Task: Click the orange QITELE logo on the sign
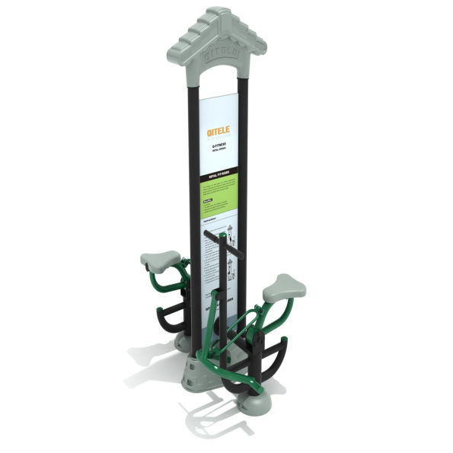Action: [218, 131]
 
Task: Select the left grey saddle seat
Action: [160, 260]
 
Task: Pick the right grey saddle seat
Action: [284, 288]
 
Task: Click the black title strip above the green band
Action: [218, 176]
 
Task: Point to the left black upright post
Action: [193, 190]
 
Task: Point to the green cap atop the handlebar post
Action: [223, 235]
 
